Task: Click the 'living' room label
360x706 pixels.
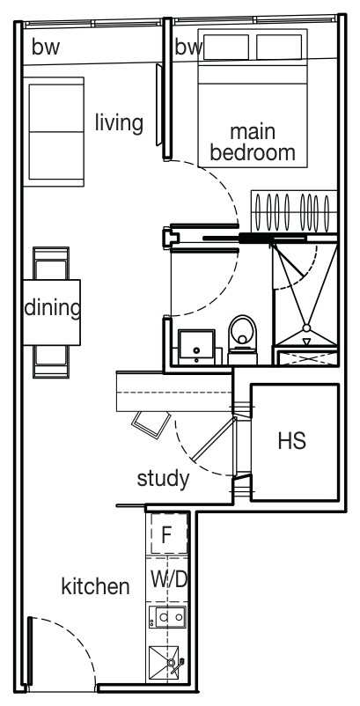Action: [119, 123]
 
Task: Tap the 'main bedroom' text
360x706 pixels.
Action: [253, 143]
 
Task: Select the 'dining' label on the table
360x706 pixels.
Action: [53, 308]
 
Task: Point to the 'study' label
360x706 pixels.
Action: [163, 479]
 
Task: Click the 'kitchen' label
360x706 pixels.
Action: [95, 586]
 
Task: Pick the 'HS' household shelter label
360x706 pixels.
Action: [292, 441]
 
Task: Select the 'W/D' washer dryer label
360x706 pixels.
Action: [169, 580]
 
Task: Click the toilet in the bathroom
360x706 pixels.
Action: [242, 340]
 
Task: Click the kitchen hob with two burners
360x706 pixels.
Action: [167, 617]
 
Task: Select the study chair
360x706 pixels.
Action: [151, 424]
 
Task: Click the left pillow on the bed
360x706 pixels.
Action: [226, 47]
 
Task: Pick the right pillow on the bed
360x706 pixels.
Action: [279, 47]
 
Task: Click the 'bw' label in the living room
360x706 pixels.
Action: [46, 48]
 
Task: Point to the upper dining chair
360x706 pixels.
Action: [51, 263]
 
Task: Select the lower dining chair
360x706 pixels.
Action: [51, 361]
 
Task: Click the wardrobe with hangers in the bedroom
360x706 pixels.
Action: [294, 211]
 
